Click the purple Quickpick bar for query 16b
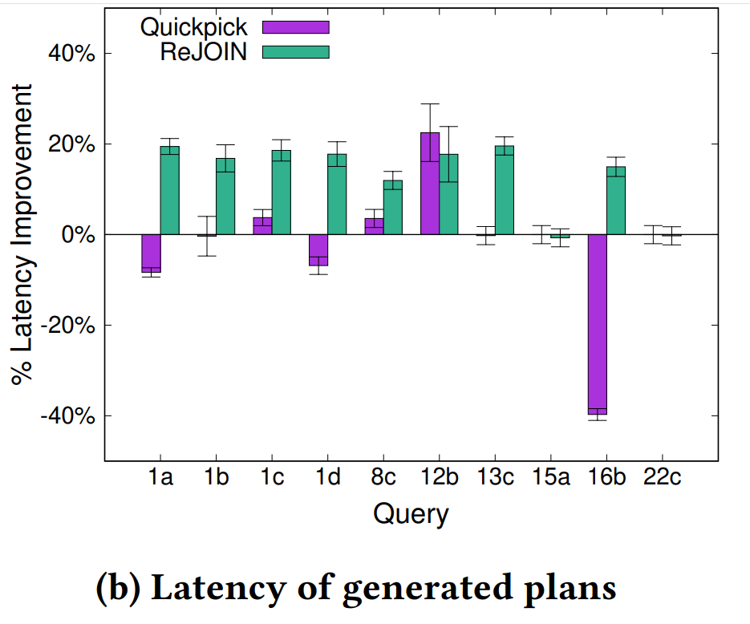(598, 324)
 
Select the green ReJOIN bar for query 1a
(169, 191)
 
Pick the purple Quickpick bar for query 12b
(430, 184)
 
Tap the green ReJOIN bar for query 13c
(504, 191)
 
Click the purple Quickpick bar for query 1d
(318, 249)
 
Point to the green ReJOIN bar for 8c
(393, 208)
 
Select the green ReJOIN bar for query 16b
(616, 201)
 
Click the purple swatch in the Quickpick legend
(296, 26)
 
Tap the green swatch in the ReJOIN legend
(296, 51)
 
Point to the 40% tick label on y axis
(74, 54)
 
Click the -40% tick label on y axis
(71, 415)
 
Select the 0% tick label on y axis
(80, 235)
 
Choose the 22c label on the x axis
(663, 478)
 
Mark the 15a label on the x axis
(551, 478)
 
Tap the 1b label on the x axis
(217, 478)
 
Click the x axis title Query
(411, 513)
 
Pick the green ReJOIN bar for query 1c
(282, 192)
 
